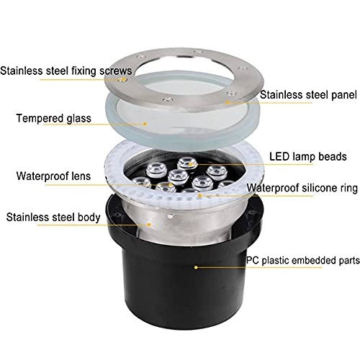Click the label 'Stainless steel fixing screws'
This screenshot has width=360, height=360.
click(66, 71)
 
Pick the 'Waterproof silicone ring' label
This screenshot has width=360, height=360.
click(302, 189)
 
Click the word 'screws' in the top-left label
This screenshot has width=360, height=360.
click(115, 71)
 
